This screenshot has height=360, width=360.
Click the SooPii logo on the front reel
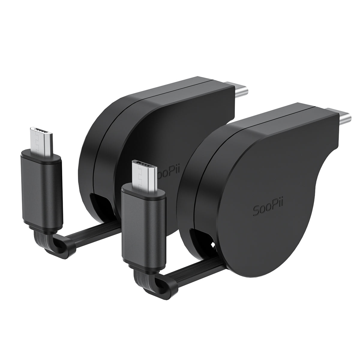[x=268, y=207]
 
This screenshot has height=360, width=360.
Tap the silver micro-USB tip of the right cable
[x=143, y=176]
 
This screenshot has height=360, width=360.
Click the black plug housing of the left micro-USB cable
[x=42, y=190]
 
